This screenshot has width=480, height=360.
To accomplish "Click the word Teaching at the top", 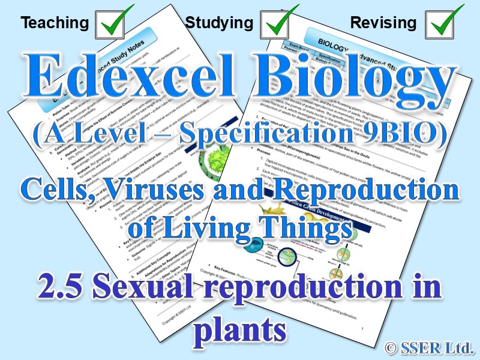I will coord(54,23).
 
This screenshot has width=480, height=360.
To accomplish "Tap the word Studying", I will coord(219,23).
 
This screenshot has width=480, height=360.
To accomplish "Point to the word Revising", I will coord(383,23).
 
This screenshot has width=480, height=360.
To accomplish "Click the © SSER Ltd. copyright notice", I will coord(431,346).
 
